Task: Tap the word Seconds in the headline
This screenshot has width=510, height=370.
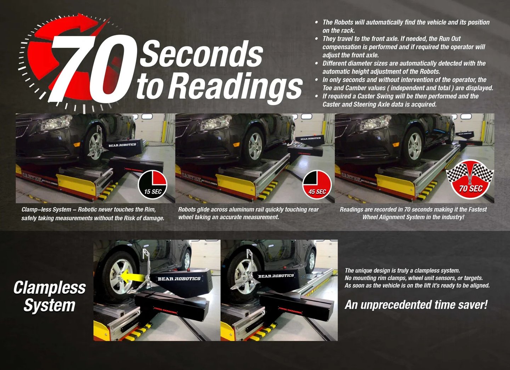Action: (x=201, y=54)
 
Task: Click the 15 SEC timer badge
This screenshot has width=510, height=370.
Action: (x=153, y=184)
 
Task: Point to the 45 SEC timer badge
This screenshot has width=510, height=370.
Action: (x=317, y=185)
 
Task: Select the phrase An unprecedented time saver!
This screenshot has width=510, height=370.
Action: (x=416, y=304)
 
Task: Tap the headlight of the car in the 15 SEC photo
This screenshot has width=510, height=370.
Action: (x=56, y=123)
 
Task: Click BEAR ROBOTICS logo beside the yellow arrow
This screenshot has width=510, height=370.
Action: (x=179, y=279)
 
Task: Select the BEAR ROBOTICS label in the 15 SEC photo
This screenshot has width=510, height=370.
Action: (x=122, y=145)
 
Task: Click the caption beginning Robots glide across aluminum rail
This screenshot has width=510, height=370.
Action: (x=248, y=213)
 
